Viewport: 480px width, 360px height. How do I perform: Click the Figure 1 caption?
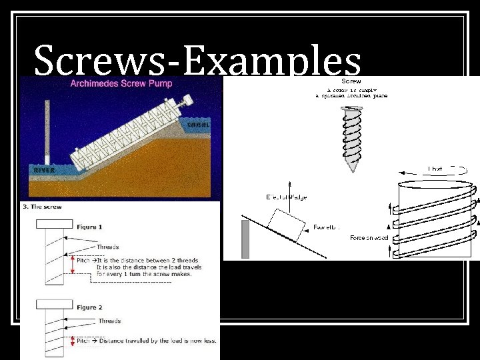[x=89, y=227]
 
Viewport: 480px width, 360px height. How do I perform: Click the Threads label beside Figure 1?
[x=107, y=247]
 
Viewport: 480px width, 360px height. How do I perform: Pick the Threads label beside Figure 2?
[x=109, y=321]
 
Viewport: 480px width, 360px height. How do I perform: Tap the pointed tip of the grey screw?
[x=351, y=169]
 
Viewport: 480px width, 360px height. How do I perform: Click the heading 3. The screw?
[x=42, y=207]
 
